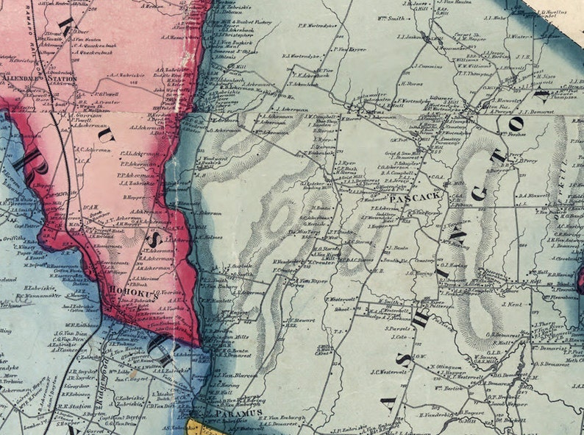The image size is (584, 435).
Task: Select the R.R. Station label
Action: [x=74, y=406]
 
